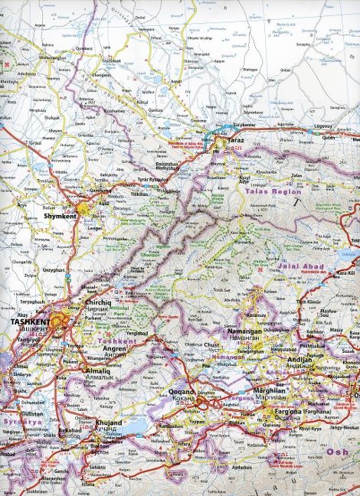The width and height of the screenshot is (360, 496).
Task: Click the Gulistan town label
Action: (31, 411)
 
